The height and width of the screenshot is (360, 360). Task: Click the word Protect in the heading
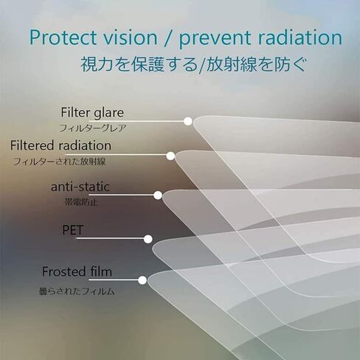[x=63, y=38]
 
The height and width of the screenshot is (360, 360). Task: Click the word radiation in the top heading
[x=296, y=38]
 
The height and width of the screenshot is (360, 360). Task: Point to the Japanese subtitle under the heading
[x=194, y=64]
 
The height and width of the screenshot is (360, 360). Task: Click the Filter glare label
[x=92, y=113]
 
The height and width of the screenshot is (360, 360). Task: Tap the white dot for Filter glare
[x=188, y=121]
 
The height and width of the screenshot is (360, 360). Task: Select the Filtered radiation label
[x=60, y=145]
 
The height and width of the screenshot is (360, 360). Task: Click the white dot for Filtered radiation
[x=170, y=156]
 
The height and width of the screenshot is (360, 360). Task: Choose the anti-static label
[x=80, y=187]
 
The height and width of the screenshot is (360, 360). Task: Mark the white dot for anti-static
[x=158, y=195]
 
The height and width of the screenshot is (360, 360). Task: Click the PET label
[x=73, y=230]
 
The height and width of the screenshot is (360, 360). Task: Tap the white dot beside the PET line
[x=148, y=239]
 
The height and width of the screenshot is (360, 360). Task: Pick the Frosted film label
[x=77, y=271]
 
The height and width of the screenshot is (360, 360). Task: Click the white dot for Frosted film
[x=142, y=280]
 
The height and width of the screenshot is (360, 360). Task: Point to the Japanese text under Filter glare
[x=93, y=128]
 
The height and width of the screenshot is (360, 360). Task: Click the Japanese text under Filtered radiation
[x=60, y=162]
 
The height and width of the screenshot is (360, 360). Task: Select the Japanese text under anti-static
[x=81, y=202]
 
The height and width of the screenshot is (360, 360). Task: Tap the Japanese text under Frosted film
[x=77, y=291]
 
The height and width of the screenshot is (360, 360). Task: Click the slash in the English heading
[x=168, y=38]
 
